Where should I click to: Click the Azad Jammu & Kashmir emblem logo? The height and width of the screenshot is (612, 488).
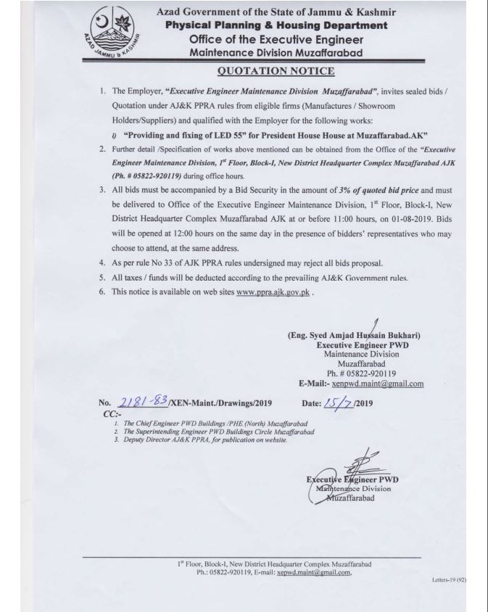tap(112, 34)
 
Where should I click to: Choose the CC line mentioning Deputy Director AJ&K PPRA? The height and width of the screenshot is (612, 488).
tap(206, 439)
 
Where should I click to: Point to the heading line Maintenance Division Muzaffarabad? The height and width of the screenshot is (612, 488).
tap(276, 53)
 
